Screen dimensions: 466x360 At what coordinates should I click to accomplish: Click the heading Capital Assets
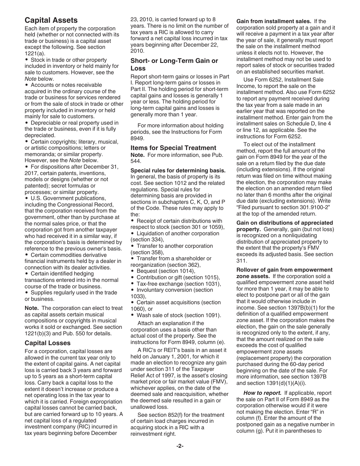tap(51, 20)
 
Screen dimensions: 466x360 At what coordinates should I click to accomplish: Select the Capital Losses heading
tap(47, 343)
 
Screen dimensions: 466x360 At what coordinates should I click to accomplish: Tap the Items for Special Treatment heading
tap(173, 148)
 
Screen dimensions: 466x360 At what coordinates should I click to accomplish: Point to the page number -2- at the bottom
tap(180, 446)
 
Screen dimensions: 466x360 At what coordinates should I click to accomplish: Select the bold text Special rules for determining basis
tap(178, 170)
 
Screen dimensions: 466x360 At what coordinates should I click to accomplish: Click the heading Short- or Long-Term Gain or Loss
tap(174, 64)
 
